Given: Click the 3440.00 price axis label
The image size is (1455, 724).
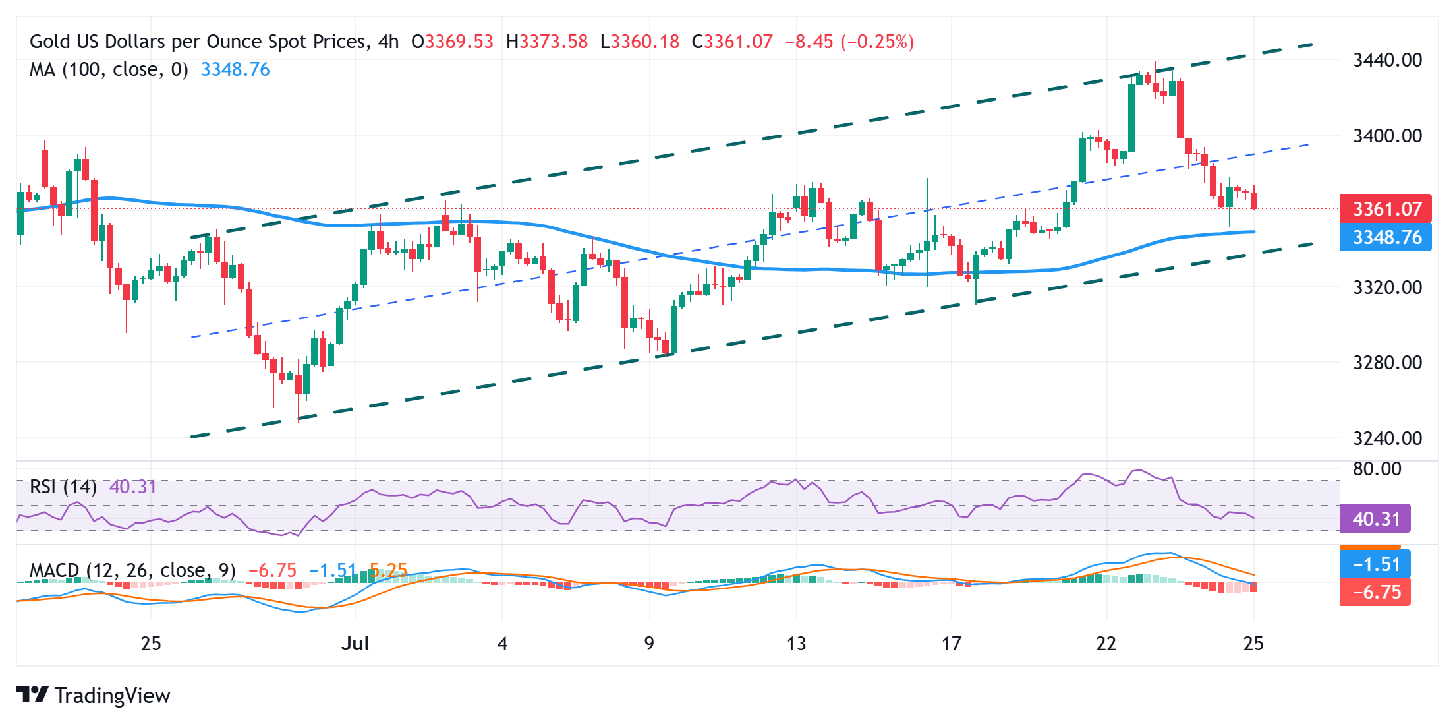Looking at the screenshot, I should coord(1387,60).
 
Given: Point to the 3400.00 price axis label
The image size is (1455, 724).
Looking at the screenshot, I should coord(1387,136).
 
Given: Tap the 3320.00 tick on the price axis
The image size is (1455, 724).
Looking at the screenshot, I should coord(1387,287).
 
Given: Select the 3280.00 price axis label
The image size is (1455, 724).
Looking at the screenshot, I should coord(1387,363).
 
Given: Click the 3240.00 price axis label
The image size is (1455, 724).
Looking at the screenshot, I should coord(1387,438).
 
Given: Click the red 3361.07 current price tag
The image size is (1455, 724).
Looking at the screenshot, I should coord(1386,209).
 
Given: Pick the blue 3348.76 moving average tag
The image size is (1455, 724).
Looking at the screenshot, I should coord(1386,237).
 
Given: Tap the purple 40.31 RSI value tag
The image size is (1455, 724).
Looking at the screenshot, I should coord(1375,519).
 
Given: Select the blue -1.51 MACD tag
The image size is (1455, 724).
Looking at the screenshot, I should coord(1375,564).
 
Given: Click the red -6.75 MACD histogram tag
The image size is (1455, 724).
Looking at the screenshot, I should coord(1375,592).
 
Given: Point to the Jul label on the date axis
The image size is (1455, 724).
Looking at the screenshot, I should coord(355,644).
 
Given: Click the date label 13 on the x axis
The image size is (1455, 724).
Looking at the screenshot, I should coord(796,644).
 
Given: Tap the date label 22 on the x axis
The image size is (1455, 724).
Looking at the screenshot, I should coord(1106,644).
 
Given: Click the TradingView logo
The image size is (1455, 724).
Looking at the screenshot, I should coord(94,696).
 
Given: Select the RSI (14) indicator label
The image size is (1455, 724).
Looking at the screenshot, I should coord(63,487).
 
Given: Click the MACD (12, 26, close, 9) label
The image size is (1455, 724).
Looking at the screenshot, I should coord(132,570).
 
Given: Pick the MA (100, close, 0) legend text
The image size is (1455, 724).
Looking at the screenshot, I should coord(109,69).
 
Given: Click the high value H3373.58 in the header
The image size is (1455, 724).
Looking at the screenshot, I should coord(547,42).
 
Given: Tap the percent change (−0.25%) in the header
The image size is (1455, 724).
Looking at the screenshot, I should coord(877,42).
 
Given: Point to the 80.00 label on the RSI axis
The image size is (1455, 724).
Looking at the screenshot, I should coord(1377,469).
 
